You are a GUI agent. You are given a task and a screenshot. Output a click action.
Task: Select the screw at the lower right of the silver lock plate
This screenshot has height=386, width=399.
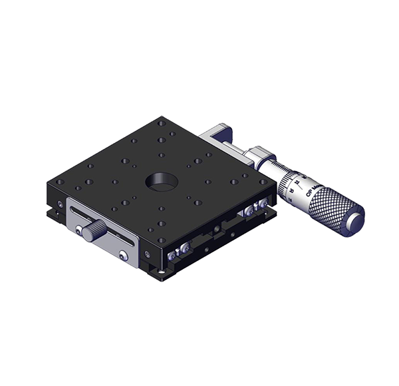click(124, 254)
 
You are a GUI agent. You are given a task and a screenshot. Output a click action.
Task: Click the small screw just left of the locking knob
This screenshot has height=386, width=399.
click(78, 230)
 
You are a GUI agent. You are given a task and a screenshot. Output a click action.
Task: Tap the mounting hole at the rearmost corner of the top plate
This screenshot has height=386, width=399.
click(162, 123)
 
